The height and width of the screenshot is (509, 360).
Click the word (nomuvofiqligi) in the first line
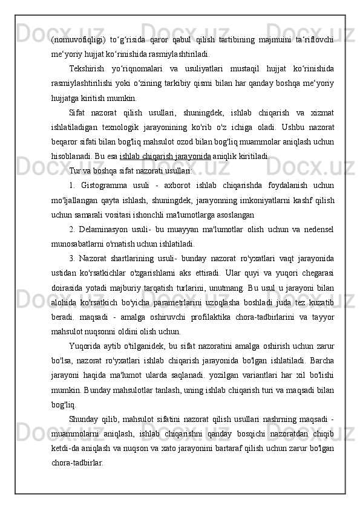click(x=76, y=39)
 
